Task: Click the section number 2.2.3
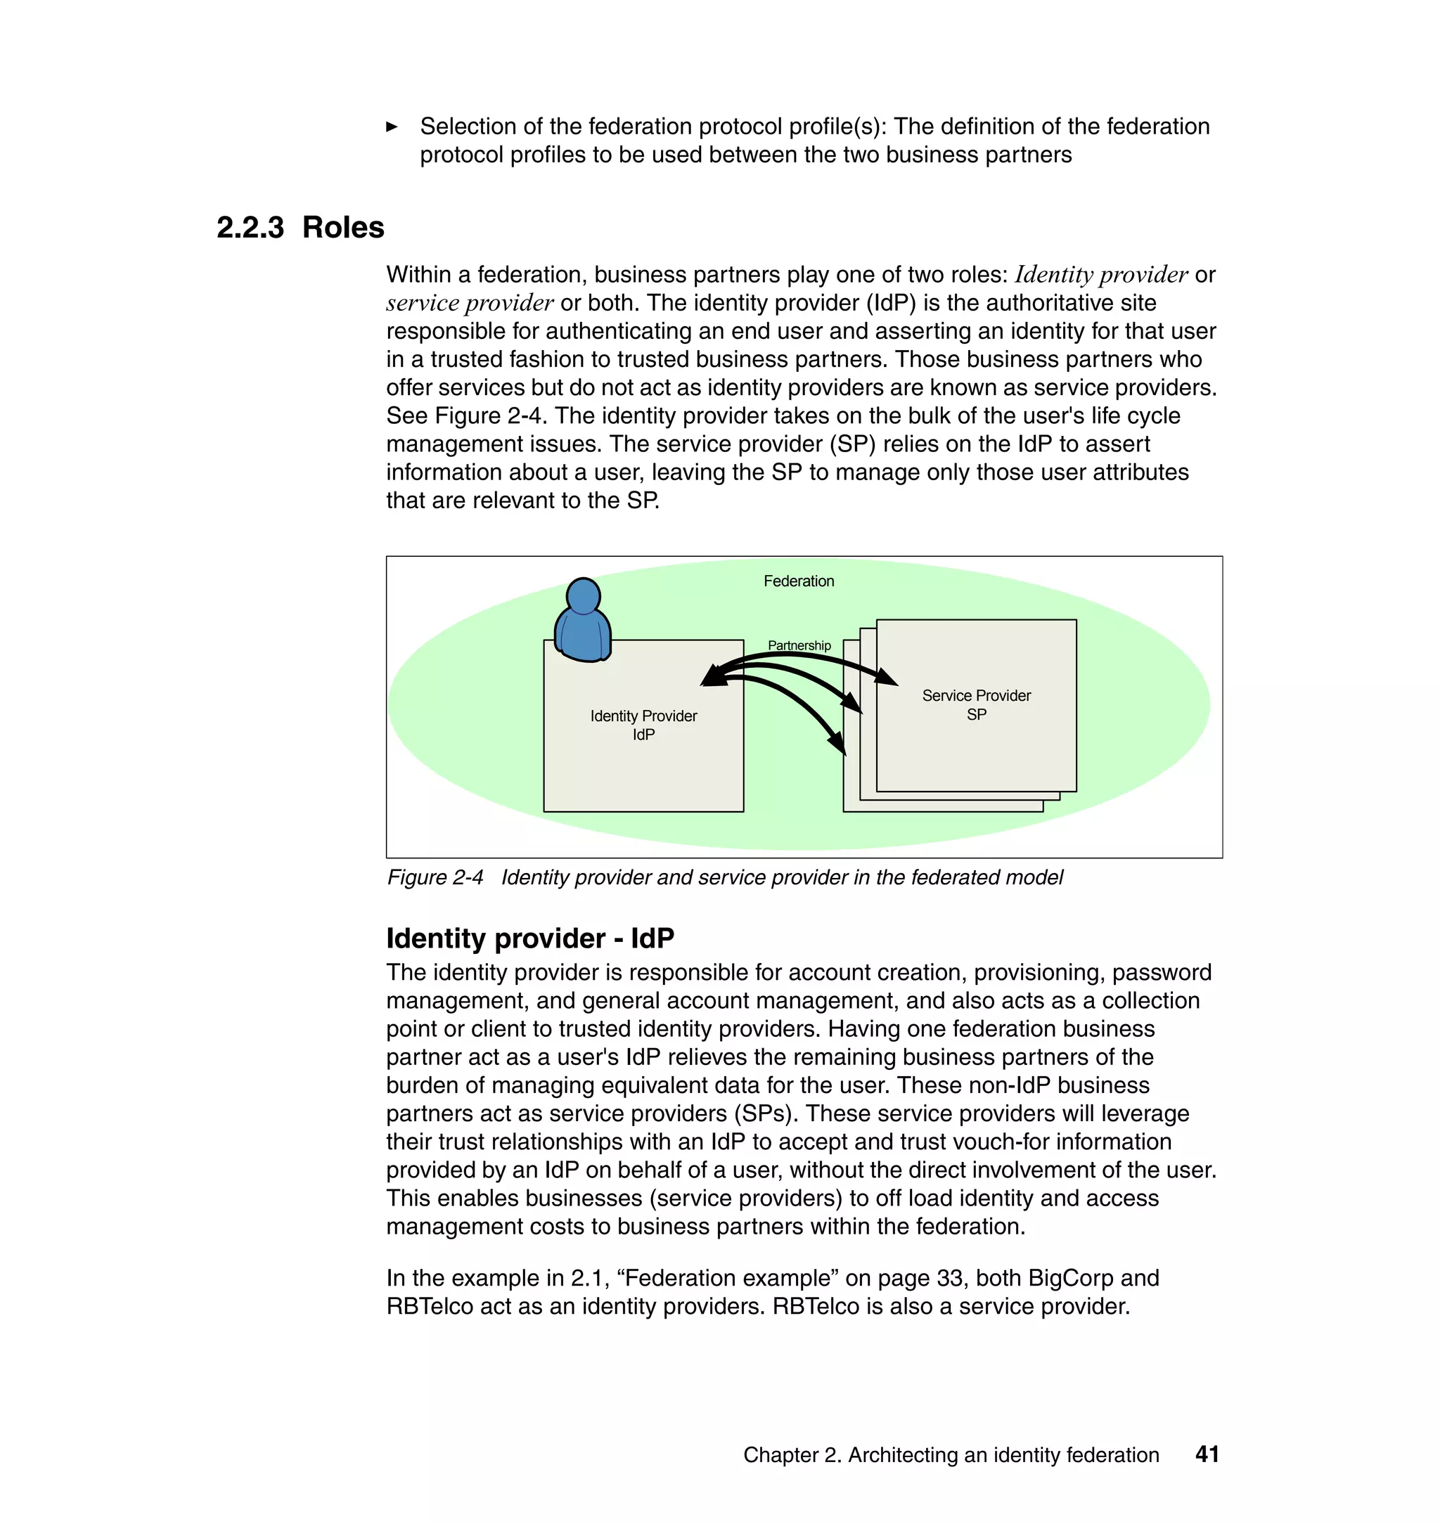click(x=250, y=228)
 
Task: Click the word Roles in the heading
click(x=343, y=228)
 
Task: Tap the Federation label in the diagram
click(x=798, y=581)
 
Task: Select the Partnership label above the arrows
click(x=799, y=645)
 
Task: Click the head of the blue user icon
click(x=584, y=595)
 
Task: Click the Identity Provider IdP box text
click(x=643, y=725)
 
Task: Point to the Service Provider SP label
click(x=977, y=704)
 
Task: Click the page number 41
click(x=1207, y=1454)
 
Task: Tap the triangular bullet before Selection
click(x=392, y=127)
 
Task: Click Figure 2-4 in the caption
click(x=435, y=877)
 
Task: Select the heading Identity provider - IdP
click(x=529, y=938)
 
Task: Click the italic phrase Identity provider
click(x=1100, y=275)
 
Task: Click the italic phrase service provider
click(x=469, y=303)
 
